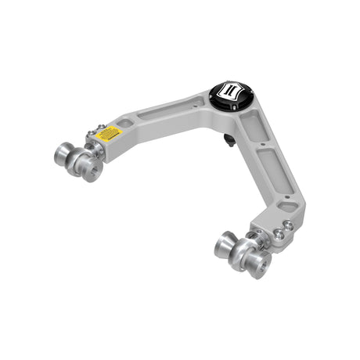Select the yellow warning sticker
tap(112, 134)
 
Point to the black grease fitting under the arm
tap(228, 141)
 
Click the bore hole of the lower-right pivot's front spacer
tap(261, 265)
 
